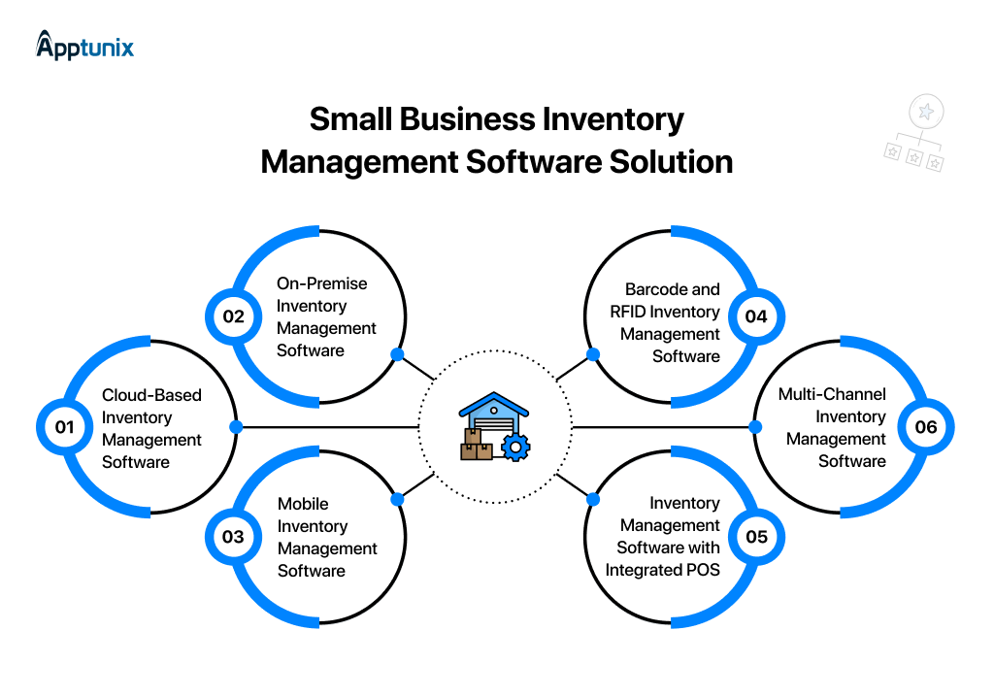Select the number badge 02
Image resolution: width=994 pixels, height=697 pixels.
click(x=233, y=316)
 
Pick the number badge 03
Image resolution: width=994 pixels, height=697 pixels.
click(x=233, y=537)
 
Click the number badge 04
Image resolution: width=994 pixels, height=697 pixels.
click(x=756, y=316)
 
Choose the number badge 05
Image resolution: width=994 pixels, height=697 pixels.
click(x=756, y=537)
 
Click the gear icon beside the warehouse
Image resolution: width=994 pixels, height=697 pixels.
click(x=514, y=448)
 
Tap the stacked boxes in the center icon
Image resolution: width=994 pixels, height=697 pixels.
click(x=476, y=446)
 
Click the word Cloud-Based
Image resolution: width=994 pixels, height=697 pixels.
click(x=151, y=395)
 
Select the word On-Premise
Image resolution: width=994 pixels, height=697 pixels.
click(x=322, y=283)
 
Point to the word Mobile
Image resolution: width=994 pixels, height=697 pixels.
click(x=303, y=504)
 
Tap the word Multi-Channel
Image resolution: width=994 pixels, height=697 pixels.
click(x=832, y=394)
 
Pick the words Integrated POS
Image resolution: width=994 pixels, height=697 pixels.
click(x=663, y=570)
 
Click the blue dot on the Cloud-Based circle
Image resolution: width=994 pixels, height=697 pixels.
click(x=235, y=427)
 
